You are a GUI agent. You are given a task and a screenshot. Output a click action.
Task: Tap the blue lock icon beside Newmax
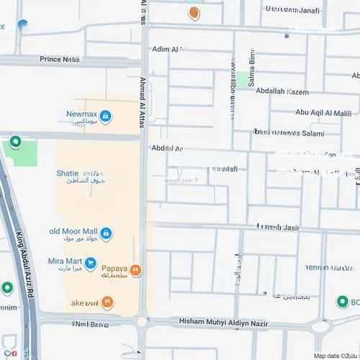coord(106,116)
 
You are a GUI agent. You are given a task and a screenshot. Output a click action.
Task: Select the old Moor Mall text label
coord(72,232)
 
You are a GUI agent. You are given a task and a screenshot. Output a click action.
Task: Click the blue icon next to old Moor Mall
coord(106,233)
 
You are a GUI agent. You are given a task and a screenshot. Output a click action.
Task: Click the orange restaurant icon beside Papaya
coord(136,271)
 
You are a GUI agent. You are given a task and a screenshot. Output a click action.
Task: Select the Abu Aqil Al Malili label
coord(323,112)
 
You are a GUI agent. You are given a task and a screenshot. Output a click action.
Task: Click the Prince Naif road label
coord(60,59)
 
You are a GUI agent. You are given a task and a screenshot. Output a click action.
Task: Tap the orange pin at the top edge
coord(194,12)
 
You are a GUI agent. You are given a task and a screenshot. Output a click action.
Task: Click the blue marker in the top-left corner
coord(22,25)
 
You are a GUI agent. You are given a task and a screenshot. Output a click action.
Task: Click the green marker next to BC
coord(343,302)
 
